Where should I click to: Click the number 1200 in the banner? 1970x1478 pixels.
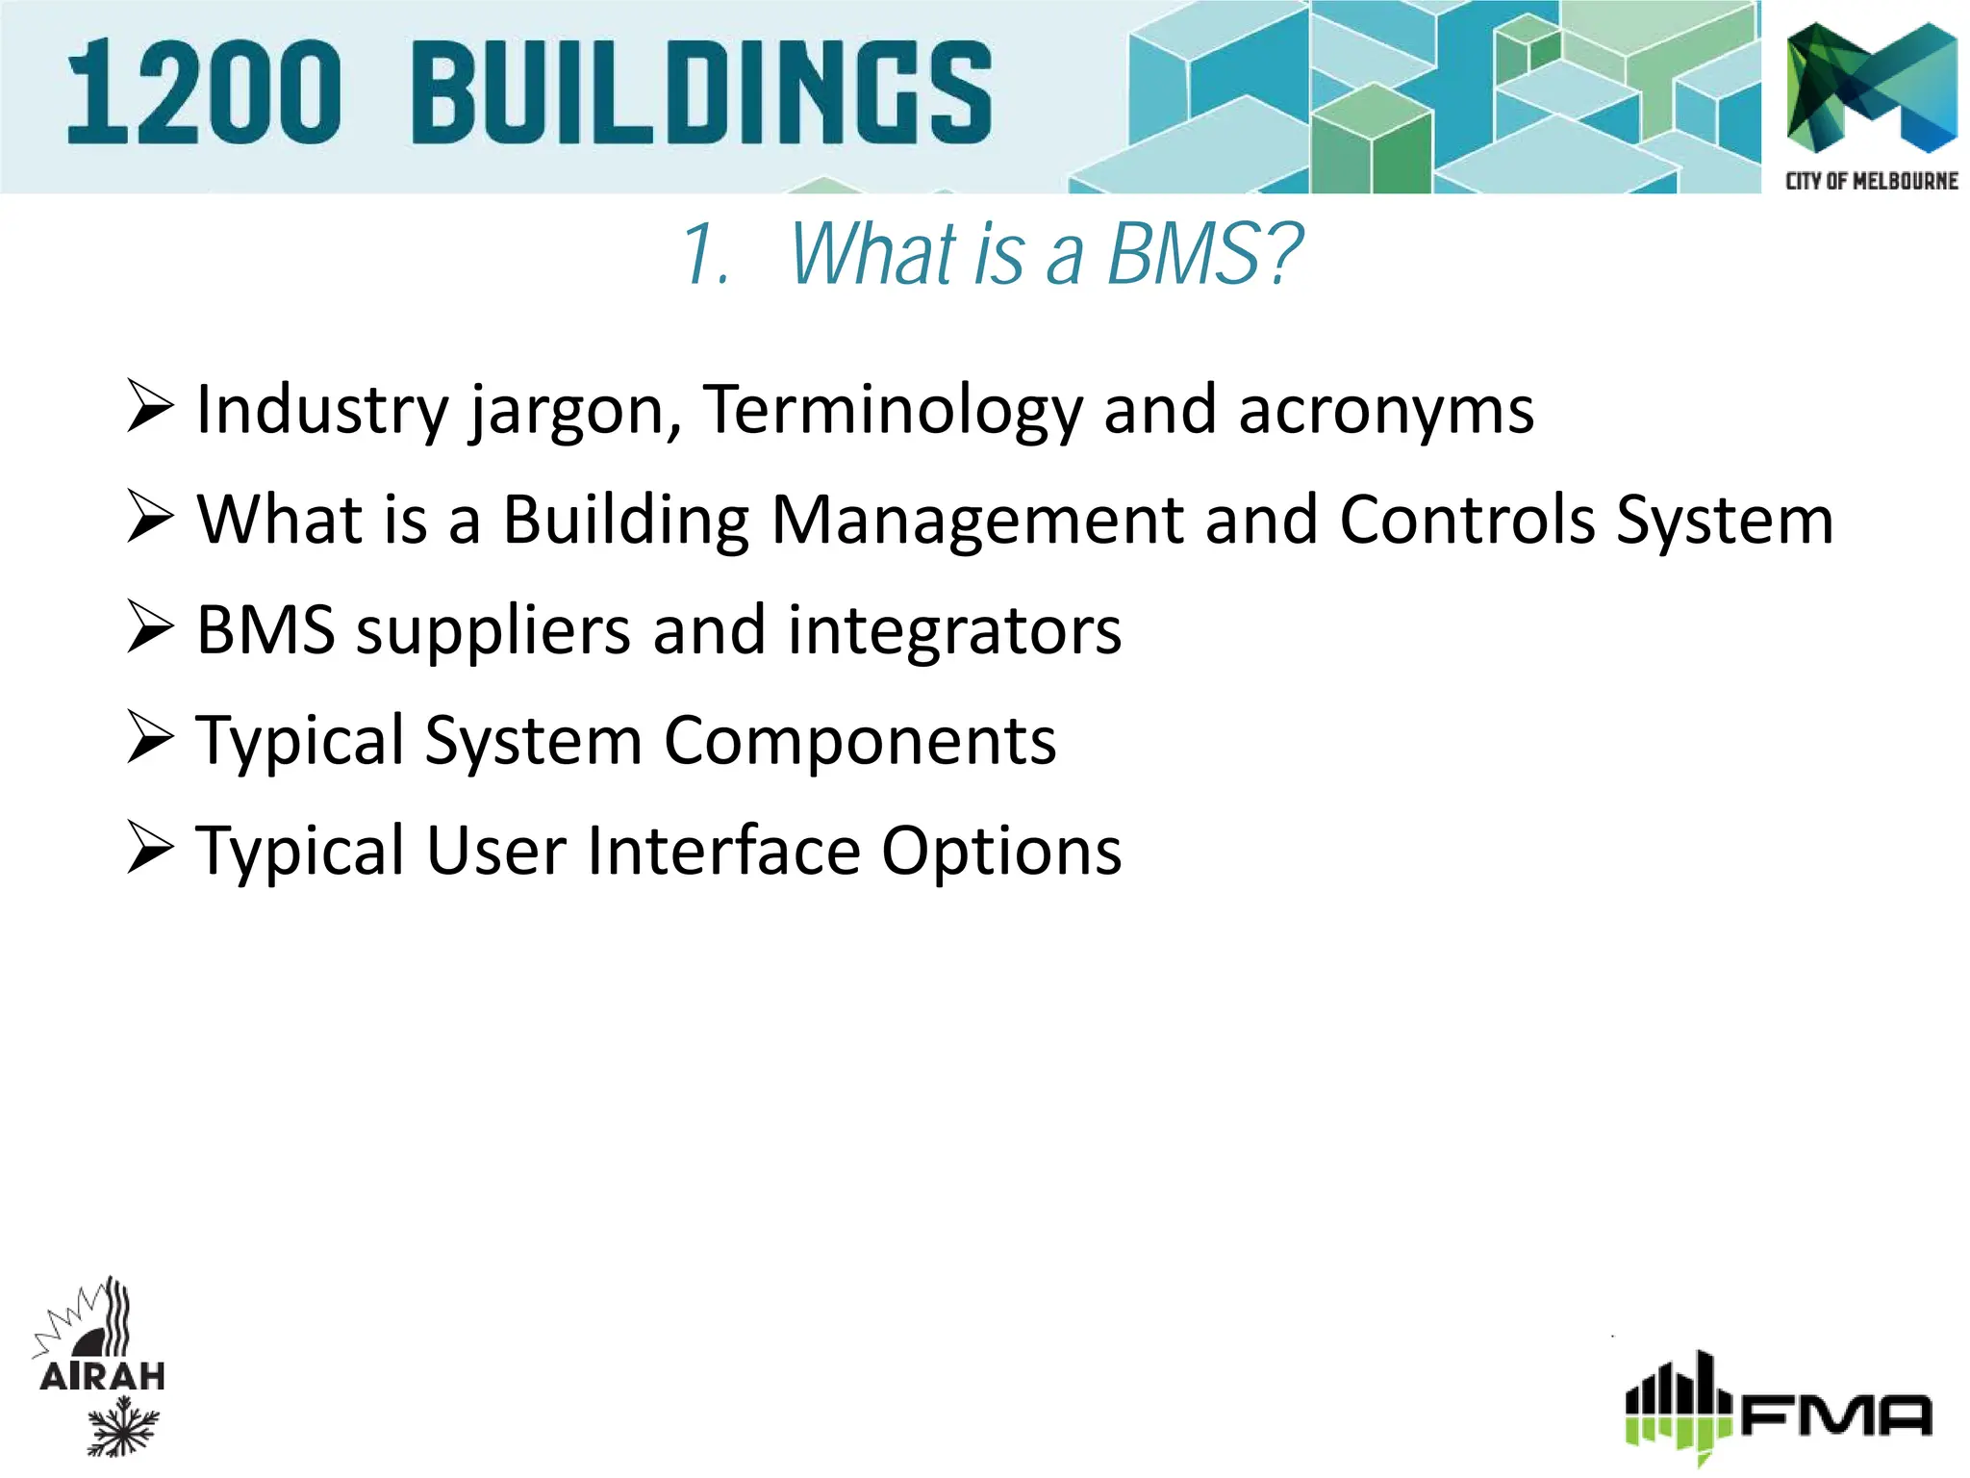pos(204,93)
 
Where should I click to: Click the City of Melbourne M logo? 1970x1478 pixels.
pos(1871,89)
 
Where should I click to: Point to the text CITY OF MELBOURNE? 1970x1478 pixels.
pos(1871,181)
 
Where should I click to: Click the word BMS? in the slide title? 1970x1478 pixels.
pos(1204,254)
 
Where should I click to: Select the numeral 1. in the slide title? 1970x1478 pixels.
pos(707,256)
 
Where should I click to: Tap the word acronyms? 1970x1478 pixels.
pos(1385,412)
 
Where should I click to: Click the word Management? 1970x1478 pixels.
pos(976,521)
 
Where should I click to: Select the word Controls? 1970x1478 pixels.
pos(1466,521)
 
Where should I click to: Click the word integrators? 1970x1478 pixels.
pos(954,631)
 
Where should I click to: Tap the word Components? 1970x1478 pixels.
pos(860,741)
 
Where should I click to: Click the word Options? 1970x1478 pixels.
pos(1001,853)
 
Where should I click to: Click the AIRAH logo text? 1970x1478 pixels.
pos(102,1376)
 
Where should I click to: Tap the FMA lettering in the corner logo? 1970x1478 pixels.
pos(1835,1414)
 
